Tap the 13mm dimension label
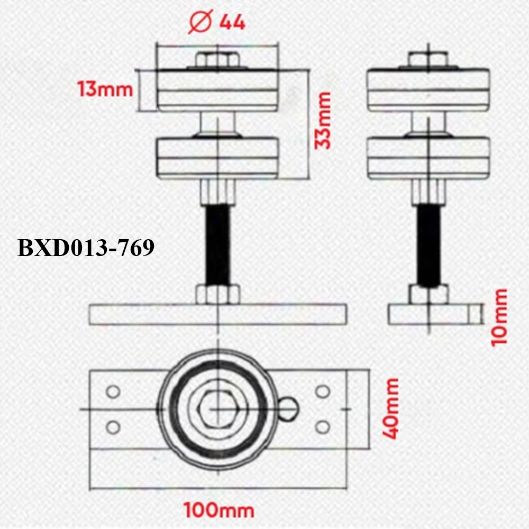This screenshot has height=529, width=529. point(105,89)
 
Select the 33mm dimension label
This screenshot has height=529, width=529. point(323,120)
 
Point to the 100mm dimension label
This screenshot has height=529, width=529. point(219,510)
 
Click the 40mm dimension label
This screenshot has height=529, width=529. point(391,409)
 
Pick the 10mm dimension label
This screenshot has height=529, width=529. point(499,317)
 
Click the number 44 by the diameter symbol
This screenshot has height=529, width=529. point(232,23)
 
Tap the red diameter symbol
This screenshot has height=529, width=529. point(200,21)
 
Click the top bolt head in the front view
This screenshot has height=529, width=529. point(217,60)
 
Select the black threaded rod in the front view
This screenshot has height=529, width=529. point(217,245)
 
